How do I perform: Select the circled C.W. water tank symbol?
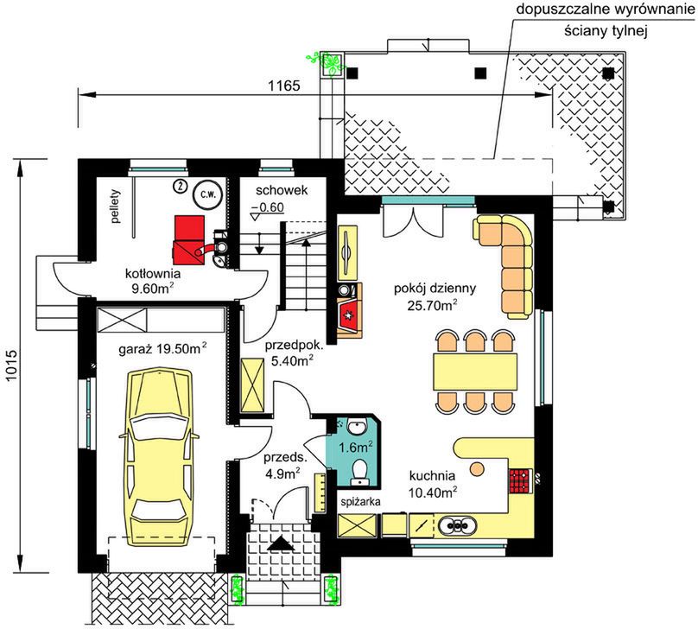(207, 195)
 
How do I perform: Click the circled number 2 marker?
(181, 186)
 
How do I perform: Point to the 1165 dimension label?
(283, 86)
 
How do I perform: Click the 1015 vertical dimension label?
(11, 365)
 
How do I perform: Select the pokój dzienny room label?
(435, 289)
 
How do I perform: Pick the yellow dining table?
(475, 372)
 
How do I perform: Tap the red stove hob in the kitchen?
(520, 480)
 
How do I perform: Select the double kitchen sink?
(457, 524)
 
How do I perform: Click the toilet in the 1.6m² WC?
(359, 473)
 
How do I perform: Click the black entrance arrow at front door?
(280, 544)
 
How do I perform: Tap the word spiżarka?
(360, 502)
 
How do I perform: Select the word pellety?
(116, 206)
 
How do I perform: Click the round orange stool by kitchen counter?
(477, 468)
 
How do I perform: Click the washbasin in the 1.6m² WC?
(357, 428)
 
